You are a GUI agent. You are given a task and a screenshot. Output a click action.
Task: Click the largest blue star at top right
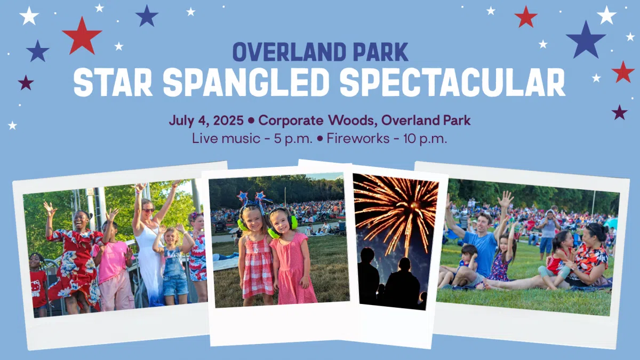(586, 40)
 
